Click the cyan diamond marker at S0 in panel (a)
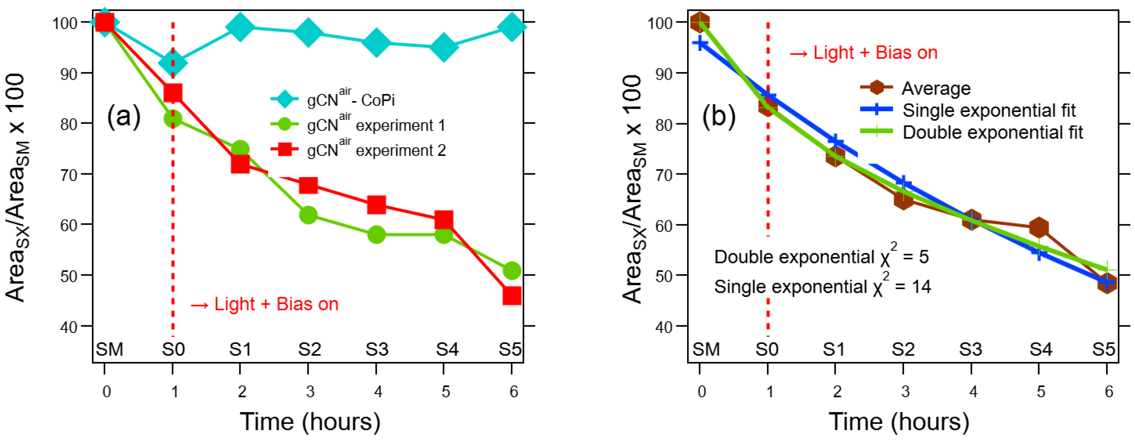pyautogui.click(x=173, y=63)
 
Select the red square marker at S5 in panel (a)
pyautogui.click(x=512, y=295)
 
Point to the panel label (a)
pyautogui.click(x=124, y=117)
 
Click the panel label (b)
pyautogui.click(x=718, y=117)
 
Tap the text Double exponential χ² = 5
pyautogui.click(x=821, y=257)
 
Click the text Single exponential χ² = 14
pyautogui.click(x=822, y=287)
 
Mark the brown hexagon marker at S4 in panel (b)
pyautogui.click(x=1039, y=227)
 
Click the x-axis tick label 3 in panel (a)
pyautogui.click(x=310, y=391)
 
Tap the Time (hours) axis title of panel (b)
pyautogui.click(x=899, y=422)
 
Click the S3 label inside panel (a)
pyautogui.click(x=377, y=350)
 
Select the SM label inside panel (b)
pyautogui.click(x=706, y=350)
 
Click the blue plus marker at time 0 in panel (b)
pyautogui.click(x=700, y=43)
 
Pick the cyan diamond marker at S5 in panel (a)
pyautogui.click(x=512, y=26)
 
